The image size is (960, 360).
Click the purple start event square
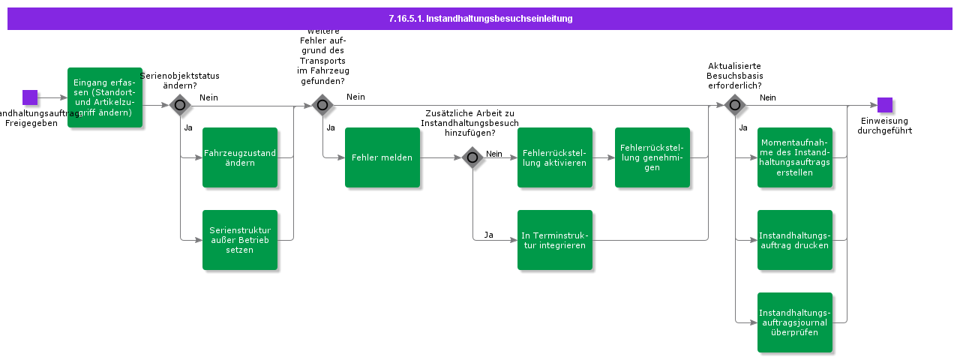coord(30,97)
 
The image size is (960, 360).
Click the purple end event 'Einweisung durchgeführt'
coord(885,105)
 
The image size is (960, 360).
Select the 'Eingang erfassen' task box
coord(105,97)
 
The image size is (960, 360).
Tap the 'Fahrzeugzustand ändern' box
coord(240,157)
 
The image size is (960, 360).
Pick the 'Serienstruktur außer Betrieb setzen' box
coord(240,240)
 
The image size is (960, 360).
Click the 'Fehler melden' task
coord(382,157)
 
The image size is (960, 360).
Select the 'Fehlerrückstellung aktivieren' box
coord(555,157)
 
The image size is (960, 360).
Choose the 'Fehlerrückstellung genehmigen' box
coord(652,157)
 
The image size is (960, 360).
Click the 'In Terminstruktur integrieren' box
coord(555,240)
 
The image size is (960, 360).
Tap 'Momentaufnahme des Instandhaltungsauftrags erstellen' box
coord(795,157)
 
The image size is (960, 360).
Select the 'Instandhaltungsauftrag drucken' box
coord(795,240)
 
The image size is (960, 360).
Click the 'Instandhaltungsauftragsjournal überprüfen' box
coord(795,322)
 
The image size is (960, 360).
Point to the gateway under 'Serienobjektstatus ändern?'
coord(180,105)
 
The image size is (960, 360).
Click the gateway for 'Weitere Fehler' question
coord(322,105)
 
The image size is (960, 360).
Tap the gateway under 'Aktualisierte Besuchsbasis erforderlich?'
coord(735,105)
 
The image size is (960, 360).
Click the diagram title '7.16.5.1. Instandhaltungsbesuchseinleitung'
coord(480,19)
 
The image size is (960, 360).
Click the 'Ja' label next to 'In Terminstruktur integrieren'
coord(488,235)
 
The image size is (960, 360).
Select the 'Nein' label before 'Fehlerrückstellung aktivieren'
coord(493,154)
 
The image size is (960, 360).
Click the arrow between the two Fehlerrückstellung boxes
coord(604,157)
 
